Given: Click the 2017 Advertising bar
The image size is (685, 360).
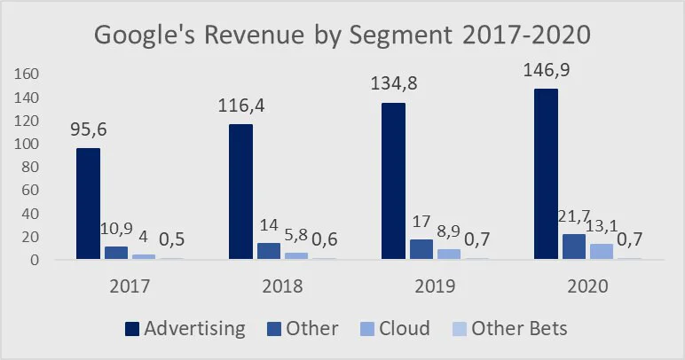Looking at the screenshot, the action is [x=88, y=204].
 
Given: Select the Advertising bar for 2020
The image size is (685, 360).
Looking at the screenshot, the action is [x=546, y=174].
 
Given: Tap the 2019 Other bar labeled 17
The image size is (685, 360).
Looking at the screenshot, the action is [x=421, y=249].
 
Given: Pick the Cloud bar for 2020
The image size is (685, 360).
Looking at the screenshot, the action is [x=602, y=251].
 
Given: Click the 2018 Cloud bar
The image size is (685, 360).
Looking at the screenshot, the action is [x=296, y=255].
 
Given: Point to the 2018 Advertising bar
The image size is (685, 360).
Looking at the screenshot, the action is [x=240, y=192].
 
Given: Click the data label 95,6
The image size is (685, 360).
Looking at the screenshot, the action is [x=89, y=129].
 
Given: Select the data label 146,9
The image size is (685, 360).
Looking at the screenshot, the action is [x=547, y=70].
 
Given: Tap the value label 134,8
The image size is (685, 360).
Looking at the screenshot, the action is [x=394, y=83].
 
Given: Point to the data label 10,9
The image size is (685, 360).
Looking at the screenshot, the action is [x=116, y=229].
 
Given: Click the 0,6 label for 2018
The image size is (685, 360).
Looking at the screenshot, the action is [x=325, y=239].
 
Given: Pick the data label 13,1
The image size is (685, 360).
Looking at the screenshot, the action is [x=602, y=226].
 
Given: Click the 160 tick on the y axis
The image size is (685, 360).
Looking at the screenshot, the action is [x=27, y=74].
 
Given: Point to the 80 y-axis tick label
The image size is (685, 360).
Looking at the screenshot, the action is [x=30, y=167].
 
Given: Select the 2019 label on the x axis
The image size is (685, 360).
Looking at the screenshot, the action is [x=435, y=286].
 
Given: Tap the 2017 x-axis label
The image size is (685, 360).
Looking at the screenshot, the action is [x=130, y=286].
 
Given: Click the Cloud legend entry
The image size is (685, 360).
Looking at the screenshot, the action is [x=396, y=329].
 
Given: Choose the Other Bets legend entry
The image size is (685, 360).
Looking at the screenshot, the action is [x=510, y=329].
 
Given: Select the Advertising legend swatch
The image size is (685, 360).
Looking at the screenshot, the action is [x=132, y=329].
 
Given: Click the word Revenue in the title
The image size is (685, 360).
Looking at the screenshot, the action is [x=254, y=35].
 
